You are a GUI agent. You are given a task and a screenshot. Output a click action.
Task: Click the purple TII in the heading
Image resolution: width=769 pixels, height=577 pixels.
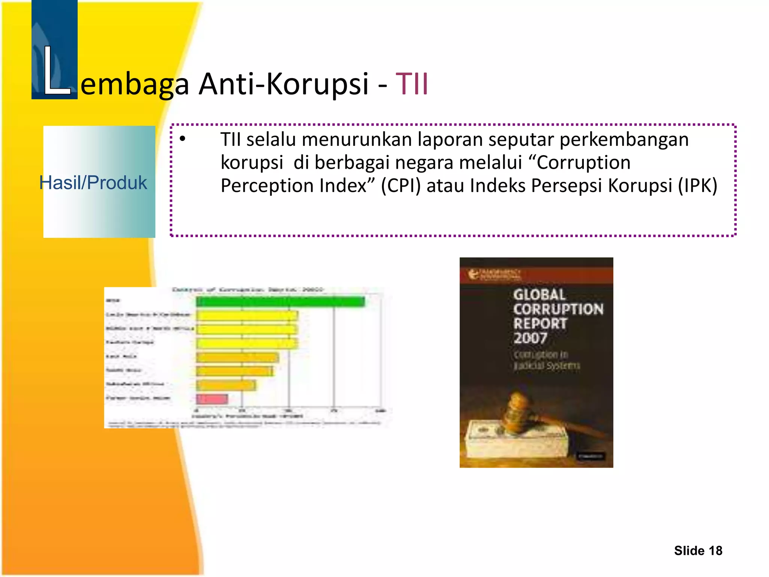(412, 84)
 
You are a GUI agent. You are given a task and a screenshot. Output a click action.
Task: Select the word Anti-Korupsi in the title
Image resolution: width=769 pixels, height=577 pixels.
(283, 84)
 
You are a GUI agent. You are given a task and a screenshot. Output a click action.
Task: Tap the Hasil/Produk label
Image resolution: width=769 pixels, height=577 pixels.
(93, 183)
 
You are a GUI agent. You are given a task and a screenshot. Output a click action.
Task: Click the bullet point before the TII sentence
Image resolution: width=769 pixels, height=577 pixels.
(182, 139)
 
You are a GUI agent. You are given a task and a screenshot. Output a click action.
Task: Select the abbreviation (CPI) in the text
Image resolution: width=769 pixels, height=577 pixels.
(401, 186)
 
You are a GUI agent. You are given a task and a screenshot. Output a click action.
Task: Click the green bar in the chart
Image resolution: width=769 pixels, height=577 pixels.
(280, 302)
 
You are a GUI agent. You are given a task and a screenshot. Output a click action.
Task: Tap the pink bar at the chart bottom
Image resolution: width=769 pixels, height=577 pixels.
(212, 399)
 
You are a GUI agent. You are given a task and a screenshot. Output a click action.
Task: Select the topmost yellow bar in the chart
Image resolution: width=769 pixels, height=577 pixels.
(247, 316)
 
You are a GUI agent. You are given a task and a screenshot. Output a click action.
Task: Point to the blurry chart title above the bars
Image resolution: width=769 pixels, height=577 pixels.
(247, 290)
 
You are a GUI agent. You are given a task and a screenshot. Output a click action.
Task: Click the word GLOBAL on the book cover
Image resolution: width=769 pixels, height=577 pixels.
(539, 295)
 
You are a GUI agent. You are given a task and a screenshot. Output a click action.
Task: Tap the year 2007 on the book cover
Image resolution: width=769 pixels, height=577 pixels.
(530, 338)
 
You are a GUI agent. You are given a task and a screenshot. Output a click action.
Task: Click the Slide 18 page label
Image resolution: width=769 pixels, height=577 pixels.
(698, 551)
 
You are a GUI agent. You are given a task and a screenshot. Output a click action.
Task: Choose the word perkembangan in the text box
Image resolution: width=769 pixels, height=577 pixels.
(624, 139)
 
